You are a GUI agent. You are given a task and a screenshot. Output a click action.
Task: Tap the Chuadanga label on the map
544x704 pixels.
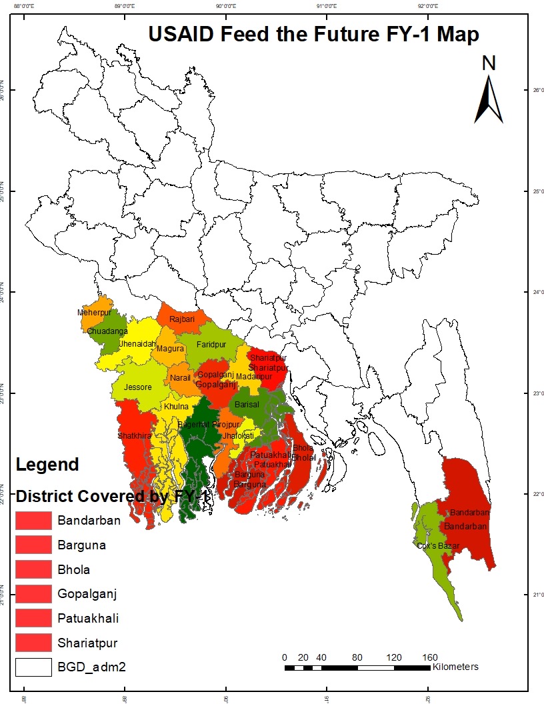(x=107, y=331)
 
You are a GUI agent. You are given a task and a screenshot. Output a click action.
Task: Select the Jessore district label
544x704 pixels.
(x=137, y=387)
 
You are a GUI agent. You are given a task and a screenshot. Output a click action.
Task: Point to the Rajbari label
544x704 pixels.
(x=182, y=319)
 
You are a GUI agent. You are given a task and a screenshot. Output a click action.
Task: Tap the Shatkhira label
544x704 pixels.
(x=134, y=435)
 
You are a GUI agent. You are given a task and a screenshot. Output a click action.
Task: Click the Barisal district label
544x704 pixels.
(x=246, y=404)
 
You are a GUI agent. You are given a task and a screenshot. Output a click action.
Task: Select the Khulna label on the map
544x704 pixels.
(x=177, y=406)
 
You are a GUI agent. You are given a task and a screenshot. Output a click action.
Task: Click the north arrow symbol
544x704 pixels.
(x=489, y=100)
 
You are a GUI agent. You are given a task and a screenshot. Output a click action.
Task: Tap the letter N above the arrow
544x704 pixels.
(x=489, y=63)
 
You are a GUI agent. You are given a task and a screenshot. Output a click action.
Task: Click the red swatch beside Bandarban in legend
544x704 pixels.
(x=33, y=521)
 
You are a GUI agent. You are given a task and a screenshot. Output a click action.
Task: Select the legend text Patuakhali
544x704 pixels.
(x=88, y=618)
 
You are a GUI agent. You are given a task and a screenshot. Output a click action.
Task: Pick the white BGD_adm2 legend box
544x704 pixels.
(x=33, y=667)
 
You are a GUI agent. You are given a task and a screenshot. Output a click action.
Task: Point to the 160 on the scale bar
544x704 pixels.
(x=430, y=657)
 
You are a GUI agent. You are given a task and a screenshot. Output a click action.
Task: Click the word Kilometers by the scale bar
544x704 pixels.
(x=455, y=667)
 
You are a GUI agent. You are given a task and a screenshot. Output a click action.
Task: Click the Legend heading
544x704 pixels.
(x=47, y=464)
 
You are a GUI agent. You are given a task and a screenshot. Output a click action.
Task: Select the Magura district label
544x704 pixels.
(x=170, y=349)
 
